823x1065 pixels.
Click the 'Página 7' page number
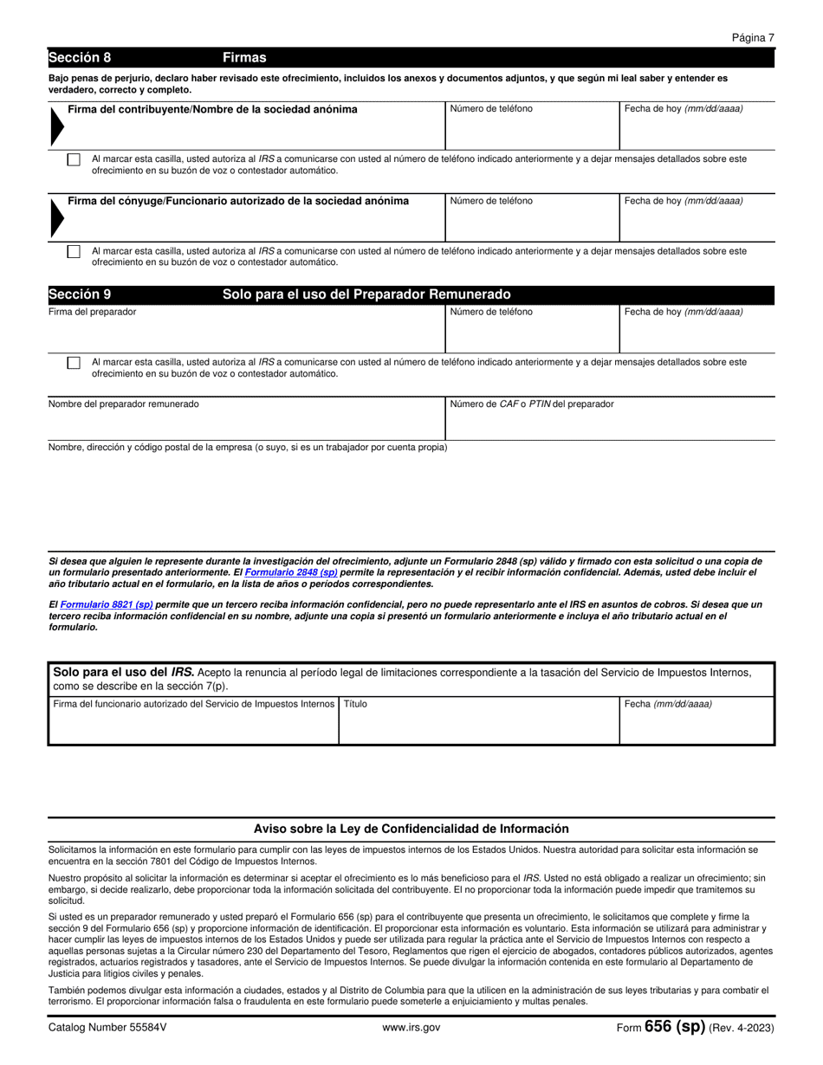(x=752, y=38)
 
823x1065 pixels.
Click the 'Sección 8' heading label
(x=80, y=58)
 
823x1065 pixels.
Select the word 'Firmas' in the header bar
(x=244, y=58)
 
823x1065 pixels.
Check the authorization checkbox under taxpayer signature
(x=74, y=160)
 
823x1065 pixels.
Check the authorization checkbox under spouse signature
(x=74, y=251)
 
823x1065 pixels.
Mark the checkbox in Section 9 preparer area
(x=74, y=363)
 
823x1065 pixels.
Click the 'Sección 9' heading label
(x=80, y=294)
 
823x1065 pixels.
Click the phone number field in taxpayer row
(x=531, y=132)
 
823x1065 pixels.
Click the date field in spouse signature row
(x=696, y=223)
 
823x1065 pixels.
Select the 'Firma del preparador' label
(x=92, y=312)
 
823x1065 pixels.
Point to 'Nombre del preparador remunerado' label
(x=123, y=404)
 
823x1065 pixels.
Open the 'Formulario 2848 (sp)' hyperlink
(x=291, y=572)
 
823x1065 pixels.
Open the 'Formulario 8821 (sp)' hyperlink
(x=107, y=604)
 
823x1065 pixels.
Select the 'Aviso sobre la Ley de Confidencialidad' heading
(x=411, y=829)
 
